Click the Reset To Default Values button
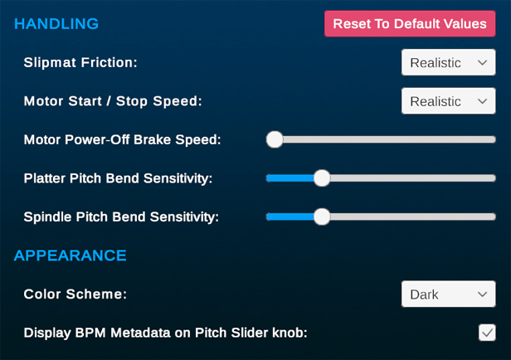[x=410, y=24]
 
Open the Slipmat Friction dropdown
[x=449, y=62]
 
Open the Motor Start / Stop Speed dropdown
[x=449, y=101]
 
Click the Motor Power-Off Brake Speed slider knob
[x=275, y=139]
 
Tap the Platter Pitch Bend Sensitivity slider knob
[x=322, y=178]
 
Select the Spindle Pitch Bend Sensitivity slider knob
[x=322, y=216]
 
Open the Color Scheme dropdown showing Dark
[x=449, y=294]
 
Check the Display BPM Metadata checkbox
[x=487, y=333]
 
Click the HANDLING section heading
[x=56, y=24]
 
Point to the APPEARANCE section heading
[x=70, y=255]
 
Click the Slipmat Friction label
[x=80, y=62]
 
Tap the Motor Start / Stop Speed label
[x=113, y=101]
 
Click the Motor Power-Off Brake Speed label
[x=122, y=139]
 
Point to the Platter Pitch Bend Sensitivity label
[x=118, y=178]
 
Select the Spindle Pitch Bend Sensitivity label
[x=121, y=217]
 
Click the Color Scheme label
[x=75, y=294]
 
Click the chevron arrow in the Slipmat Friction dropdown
[x=482, y=62]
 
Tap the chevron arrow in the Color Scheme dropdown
[x=482, y=294]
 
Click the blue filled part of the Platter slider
[x=290, y=178]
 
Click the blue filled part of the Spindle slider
[x=290, y=216]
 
